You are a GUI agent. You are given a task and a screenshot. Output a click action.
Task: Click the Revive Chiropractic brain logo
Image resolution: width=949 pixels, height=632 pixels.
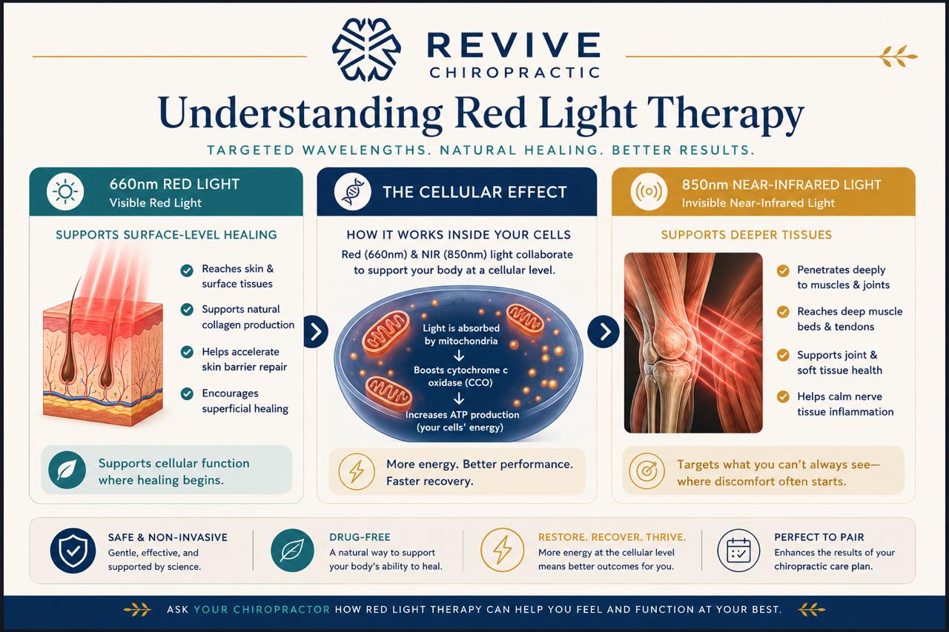point(366,50)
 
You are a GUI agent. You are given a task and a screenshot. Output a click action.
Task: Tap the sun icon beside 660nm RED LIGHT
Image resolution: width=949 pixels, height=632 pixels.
point(65,192)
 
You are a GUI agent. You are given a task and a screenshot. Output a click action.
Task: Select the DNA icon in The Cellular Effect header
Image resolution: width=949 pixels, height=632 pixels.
point(352,192)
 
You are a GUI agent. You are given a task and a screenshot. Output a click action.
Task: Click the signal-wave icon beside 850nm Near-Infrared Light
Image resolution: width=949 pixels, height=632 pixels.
point(649,192)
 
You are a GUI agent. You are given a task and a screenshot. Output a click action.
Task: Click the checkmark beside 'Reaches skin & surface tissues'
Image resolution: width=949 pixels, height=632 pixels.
point(187,270)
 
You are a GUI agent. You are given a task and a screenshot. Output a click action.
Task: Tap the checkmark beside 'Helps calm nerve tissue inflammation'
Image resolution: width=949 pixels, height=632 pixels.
point(783,397)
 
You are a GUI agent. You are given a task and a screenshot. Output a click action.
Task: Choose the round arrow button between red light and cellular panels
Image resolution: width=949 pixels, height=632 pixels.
point(316,332)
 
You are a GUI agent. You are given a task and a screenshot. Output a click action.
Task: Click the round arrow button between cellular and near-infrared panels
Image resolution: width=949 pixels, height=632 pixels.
point(604,332)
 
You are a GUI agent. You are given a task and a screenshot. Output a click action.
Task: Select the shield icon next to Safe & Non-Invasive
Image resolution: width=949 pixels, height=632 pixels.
point(73,550)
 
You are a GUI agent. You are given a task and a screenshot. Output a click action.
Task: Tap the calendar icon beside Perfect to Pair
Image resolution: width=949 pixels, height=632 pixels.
point(738,550)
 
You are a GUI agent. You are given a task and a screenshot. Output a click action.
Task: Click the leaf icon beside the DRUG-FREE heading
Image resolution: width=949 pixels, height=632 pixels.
point(292,550)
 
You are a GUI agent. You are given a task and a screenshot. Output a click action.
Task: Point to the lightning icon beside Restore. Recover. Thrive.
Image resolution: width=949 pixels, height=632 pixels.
point(503,550)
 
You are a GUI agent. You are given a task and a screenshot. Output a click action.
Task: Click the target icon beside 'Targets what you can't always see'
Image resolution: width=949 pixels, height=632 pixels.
point(647,471)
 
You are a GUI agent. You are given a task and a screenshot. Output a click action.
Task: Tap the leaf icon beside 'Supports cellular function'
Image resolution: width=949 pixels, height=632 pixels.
point(67,470)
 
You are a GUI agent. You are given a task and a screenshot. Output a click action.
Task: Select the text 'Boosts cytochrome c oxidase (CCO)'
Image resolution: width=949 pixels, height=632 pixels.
point(460,376)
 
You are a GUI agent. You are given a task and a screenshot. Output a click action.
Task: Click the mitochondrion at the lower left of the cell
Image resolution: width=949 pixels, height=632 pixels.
point(388,393)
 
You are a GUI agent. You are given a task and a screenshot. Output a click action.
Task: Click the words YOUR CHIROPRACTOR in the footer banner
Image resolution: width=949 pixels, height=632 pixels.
point(262,610)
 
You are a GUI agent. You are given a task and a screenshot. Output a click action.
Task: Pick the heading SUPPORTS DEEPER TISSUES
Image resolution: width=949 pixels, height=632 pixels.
point(747,235)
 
